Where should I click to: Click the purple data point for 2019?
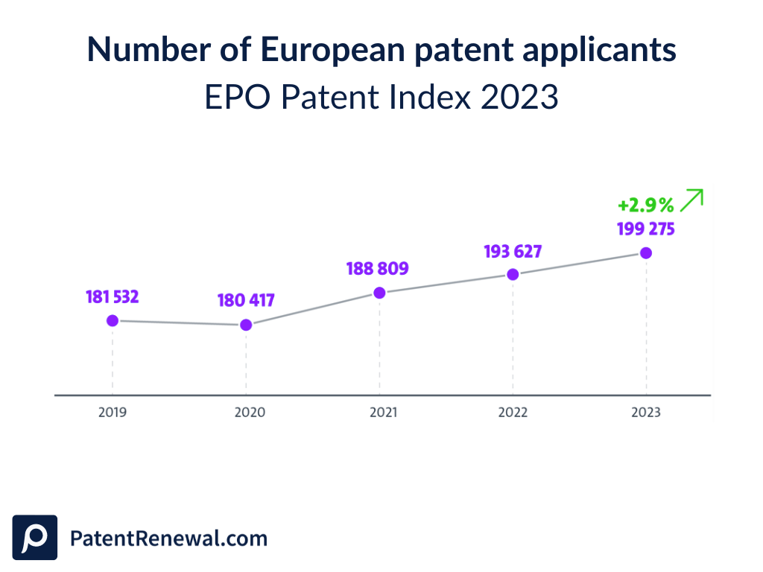(x=113, y=320)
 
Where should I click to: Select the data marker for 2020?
(x=246, y=325)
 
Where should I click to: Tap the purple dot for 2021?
(x=379, y=293)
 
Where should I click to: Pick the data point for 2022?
(x=513, y=274)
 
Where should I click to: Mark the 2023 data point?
(x=646, y=253)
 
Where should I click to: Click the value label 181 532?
(x=112, y=297)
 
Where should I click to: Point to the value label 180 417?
(x=246, y=301)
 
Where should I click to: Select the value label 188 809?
(x=378, y=268)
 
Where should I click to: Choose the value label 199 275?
(x=645, y=229)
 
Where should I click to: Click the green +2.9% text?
(x=645, y=205)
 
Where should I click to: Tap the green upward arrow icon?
(x=693, y=200)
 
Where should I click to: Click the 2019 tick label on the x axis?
(x=113, y=412)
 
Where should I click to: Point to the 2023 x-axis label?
(x=645, y=412)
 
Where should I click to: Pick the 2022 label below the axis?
(x=513, y=412)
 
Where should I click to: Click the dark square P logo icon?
(x=35, y=537)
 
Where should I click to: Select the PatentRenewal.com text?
(x=168, y=538)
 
